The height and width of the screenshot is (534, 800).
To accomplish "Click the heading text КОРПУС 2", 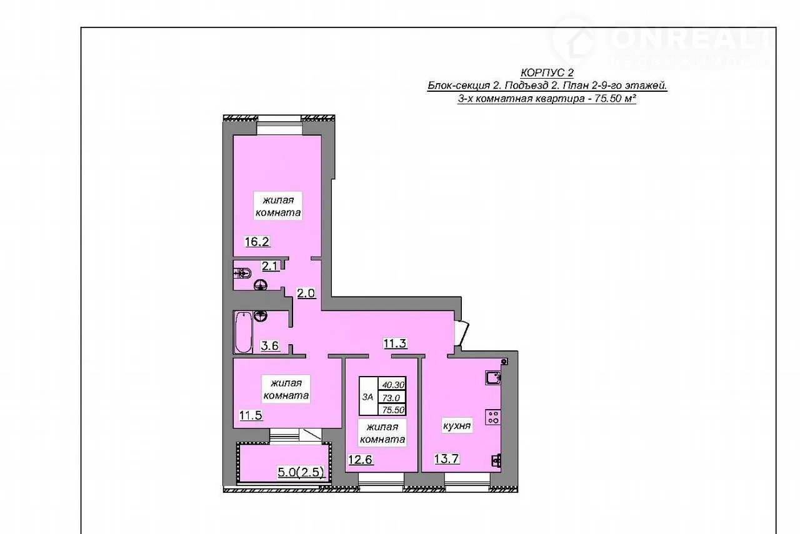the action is (x=547, y=73).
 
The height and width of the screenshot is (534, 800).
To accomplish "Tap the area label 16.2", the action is (x=257, y=242).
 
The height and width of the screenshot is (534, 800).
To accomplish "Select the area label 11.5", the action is (x=251, y=415).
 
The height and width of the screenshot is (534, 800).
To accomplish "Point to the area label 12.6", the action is (x=361, y=460).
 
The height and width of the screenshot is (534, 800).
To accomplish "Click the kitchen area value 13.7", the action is (x=446, y=458).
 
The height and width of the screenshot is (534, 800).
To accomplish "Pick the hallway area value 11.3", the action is (x=396, y=344).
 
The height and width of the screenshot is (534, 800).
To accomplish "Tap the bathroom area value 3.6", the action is (x=269, y=345).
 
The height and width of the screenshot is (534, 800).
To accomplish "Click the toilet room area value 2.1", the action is (x=271, y=266).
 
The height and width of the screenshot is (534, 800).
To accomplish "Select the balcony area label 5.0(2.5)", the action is (x=301, y=472).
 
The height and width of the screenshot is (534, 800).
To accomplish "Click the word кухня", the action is (x=457, y=425).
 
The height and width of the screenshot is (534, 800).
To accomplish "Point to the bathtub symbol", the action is (x=244, y=332).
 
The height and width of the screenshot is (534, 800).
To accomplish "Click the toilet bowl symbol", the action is (x=243, y=274).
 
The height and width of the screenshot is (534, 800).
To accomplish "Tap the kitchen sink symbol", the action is (x=493, y=377).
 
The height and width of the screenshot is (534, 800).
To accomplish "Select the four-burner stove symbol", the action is (x=493, y=417).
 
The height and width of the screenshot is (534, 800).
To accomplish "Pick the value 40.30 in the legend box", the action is (x=393, y=385).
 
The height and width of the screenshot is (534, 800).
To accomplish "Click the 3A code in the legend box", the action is (x=368, y=397).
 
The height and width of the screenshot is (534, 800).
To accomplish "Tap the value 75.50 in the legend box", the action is (x=393, y=410).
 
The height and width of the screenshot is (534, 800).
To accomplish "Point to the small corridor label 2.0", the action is (x=306, y=293).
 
